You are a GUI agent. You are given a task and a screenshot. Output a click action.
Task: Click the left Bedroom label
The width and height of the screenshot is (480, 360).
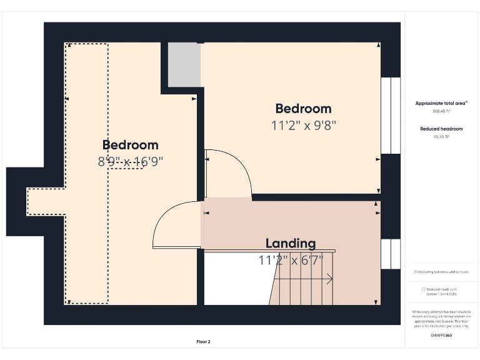[130, 146]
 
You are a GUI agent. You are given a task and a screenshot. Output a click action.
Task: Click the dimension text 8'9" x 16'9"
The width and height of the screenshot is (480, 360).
[130, 161]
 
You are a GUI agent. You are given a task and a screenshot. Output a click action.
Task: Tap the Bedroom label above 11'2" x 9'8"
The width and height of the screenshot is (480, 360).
[303, 109]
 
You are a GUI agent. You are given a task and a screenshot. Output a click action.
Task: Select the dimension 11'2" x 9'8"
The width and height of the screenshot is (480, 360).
[303, 125]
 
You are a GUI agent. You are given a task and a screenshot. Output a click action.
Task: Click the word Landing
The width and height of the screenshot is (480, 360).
[291, 243]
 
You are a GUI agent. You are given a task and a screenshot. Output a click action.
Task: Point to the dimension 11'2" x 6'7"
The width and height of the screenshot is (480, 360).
[291, 259]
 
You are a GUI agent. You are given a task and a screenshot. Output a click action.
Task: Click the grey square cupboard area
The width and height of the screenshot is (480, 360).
[184, 65]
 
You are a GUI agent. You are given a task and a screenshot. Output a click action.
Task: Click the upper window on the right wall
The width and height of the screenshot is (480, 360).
[391, 116]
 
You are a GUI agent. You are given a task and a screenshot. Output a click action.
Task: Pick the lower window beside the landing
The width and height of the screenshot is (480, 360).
[391, 254]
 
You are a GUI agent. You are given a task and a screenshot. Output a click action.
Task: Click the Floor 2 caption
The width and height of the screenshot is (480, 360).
[204, 342]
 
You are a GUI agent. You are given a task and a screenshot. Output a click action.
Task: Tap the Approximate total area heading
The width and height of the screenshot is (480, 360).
[441, 103]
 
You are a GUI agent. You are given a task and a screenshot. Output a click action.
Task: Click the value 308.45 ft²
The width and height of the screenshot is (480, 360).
[441, 111]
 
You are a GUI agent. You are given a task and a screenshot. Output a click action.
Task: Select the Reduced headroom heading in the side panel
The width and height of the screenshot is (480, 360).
[441, 128]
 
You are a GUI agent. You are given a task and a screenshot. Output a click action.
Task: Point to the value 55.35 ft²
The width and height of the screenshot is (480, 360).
[441, 136]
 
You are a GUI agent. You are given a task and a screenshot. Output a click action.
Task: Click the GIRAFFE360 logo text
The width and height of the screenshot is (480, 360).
[441, 336]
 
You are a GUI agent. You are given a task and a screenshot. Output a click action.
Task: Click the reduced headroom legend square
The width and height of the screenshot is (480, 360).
[424, 289]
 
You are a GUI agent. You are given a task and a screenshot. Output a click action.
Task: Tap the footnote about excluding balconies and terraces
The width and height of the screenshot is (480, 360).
[441, 272]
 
